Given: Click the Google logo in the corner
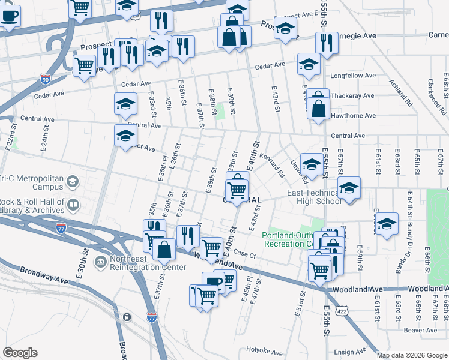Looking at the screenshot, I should point(20,353).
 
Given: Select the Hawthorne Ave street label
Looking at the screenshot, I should point(353,116).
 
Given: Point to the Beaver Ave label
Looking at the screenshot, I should point(420,330).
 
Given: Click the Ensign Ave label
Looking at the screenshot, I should point(350,352).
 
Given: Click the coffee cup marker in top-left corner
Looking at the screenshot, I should point(10,16).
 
